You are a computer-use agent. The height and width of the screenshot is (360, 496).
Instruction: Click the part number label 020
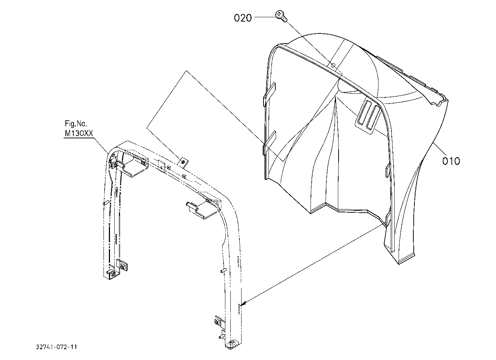click(243, 18)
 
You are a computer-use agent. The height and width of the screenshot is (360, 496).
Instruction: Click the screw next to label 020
click(281, 16)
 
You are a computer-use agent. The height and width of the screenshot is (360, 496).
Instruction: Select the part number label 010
click(451, 161)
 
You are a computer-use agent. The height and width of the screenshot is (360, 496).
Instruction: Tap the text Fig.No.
click(76, 124)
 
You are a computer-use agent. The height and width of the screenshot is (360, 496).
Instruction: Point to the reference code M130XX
click(79, 134)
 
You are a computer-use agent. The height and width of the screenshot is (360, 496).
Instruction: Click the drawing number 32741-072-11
click(57, 347)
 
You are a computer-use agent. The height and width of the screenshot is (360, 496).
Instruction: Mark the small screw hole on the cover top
click(333, 65)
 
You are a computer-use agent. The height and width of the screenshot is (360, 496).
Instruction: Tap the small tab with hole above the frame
click(183, 162)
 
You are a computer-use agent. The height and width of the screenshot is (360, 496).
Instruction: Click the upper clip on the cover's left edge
click(269, 95)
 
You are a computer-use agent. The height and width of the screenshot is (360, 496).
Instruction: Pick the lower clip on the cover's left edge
click(269, 143)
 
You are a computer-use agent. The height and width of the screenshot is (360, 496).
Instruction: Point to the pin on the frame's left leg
click(105, 203)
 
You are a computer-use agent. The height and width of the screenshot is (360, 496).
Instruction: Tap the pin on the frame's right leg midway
click(223, 271)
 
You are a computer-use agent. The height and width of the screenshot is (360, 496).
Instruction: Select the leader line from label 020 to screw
click(265, 17)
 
